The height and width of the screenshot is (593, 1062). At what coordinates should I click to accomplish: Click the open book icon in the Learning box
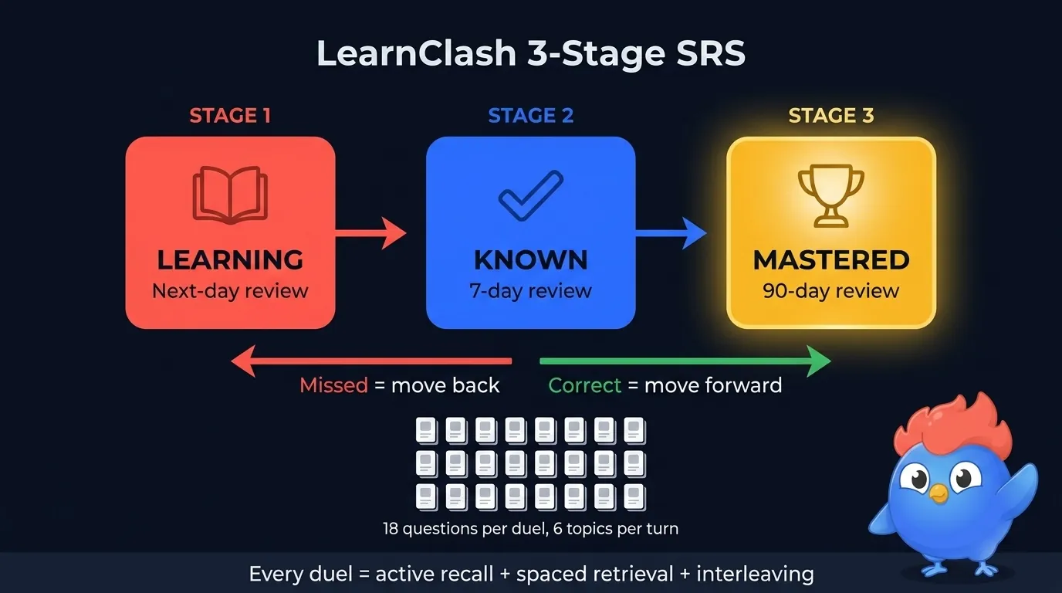point(230,195)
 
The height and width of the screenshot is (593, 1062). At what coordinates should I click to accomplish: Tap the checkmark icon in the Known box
point(531,195)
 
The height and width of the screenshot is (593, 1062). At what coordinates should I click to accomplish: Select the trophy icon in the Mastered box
point(830,195)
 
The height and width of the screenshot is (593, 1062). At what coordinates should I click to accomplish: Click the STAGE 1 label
point(230,116)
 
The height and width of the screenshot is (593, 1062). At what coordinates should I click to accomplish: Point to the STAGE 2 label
point(531,116)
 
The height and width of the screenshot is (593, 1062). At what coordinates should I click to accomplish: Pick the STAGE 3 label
point(831,116)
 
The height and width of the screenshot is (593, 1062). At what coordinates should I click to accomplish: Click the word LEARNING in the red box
point(230,260)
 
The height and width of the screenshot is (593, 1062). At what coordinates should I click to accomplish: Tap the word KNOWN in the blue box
point(531,260)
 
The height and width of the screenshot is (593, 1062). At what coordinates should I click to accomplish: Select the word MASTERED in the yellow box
point(831,260)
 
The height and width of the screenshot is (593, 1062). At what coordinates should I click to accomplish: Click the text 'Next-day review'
point(230,291)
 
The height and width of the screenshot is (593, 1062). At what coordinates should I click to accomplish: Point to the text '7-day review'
point(531,291)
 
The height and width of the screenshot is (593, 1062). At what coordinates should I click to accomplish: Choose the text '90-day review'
point(831,291)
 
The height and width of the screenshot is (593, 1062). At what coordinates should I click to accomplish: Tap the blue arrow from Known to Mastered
point(671,232)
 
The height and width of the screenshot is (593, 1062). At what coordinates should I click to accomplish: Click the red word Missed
point(333,385)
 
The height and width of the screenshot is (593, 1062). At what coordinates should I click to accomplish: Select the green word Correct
point(584,385)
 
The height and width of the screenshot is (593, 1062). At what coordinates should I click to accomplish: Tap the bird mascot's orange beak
point(938,493)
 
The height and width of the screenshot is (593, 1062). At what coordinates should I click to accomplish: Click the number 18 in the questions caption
point(392,530)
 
